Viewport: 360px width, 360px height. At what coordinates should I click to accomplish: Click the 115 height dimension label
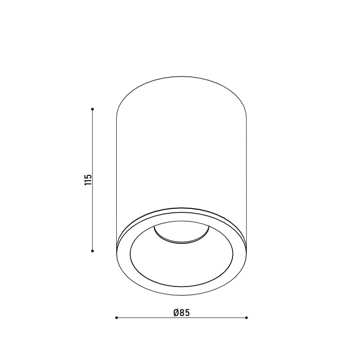click(x=88, y=180)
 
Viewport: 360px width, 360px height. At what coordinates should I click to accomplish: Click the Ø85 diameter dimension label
click(x=182, y=313)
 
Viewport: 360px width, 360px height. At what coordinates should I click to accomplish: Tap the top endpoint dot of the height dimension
click(x=93, y=109)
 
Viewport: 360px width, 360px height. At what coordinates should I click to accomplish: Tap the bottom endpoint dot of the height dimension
click(x=93, y=251)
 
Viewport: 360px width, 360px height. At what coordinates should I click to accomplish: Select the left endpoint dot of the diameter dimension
click(x=116, y=318)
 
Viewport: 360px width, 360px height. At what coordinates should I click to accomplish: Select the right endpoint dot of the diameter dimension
click(x=246, y=318)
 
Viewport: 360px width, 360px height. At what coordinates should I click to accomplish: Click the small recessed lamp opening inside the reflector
click(x=182, y=234)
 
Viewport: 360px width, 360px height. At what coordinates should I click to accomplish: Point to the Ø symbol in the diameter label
click(x=176, y=313)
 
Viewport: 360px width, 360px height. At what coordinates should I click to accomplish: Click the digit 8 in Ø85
click(x=182, y=313)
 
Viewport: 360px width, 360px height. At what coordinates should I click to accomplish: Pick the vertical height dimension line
click(x=93, y=180)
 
